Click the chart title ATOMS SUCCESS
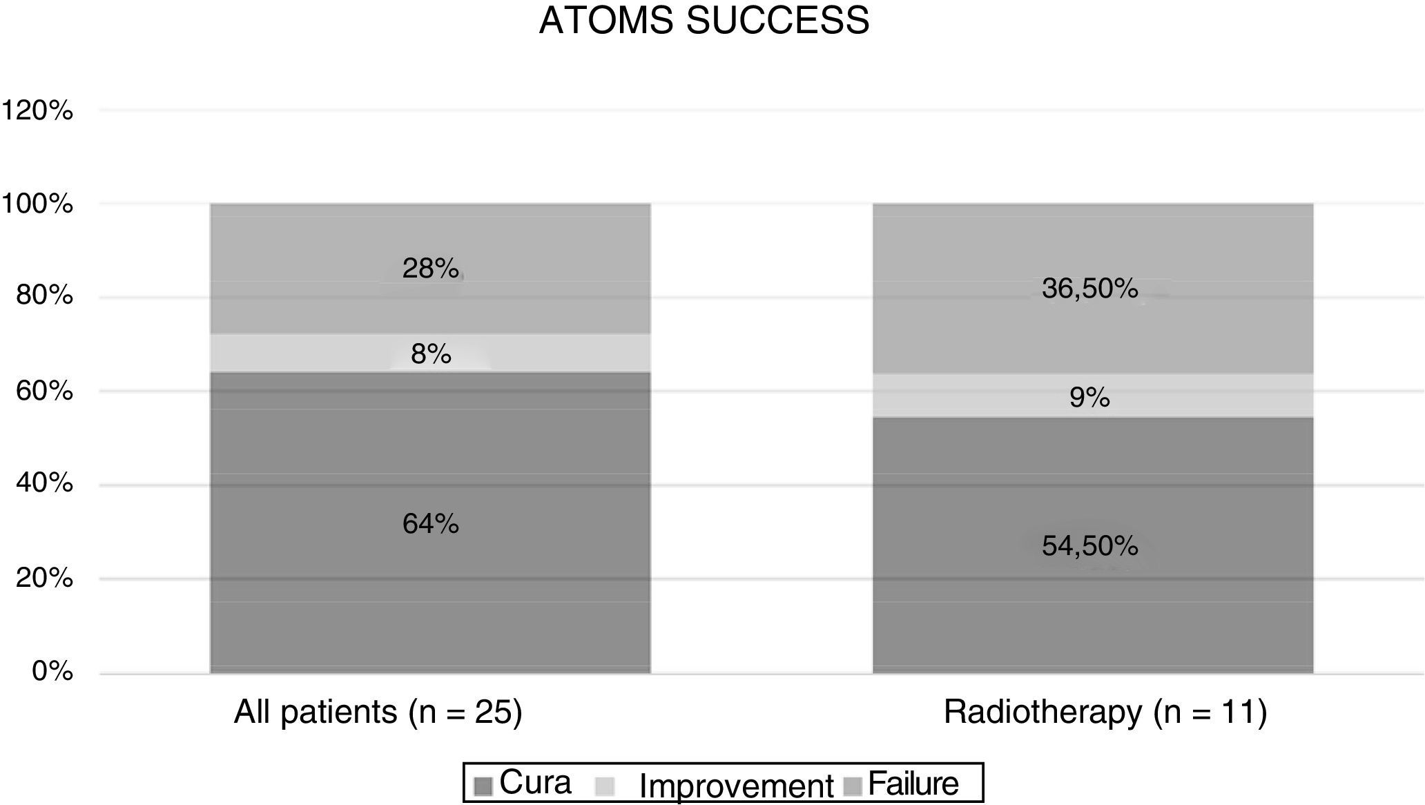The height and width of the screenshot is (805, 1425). tap(704, 21)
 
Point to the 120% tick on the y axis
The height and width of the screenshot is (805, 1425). tap(38, 110)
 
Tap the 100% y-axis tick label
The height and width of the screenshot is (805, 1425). tap(38, 204)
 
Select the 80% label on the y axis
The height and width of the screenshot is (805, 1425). tap(44, 296)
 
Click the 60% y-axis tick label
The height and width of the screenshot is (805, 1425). tap(44, 391)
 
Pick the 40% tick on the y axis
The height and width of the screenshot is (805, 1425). tap(44, 483)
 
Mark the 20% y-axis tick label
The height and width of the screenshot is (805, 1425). tap(44, 578)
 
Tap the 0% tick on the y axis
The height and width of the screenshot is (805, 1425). tap(52, 671)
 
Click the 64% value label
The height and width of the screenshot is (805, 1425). tap(431, 525)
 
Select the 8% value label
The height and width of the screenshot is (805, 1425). tap(431, 355)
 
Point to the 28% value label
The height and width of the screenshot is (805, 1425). tap(431, 269)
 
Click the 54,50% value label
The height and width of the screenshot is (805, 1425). tap(1090, 547)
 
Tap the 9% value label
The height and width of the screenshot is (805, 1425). tap(1090, 398)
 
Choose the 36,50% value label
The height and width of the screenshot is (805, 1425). tap(1090, 289)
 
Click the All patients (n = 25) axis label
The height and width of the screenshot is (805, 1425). tap(378, 712)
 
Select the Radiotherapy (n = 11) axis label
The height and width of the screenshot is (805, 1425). tap(1105, 712)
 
